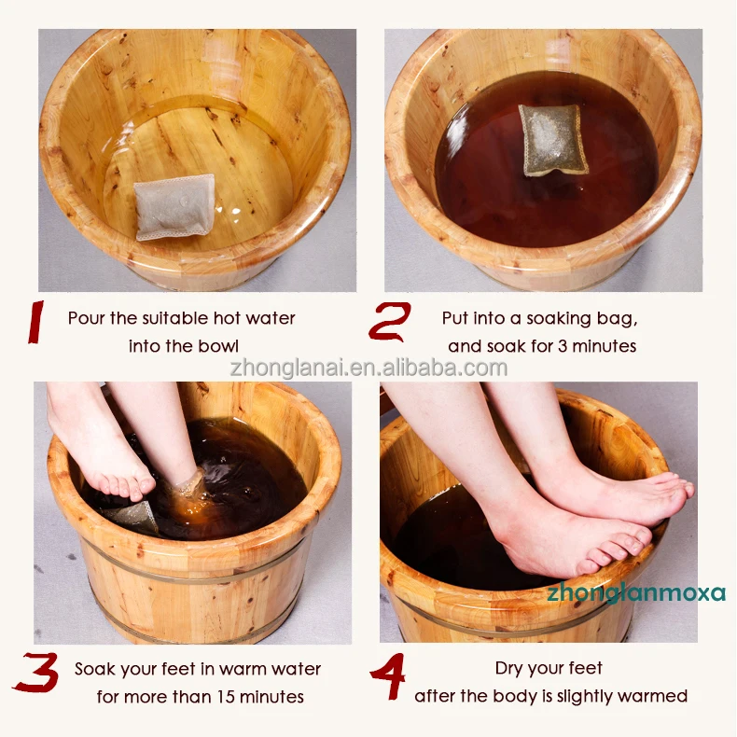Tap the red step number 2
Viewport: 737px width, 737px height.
point(389,322)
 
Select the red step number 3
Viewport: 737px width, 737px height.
point(36,674)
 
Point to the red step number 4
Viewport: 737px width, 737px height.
point(386,674)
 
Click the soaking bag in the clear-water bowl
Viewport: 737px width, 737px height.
point(174,206)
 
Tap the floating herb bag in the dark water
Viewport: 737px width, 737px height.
point(554,139)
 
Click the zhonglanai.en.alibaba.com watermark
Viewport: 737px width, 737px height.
point(368,368)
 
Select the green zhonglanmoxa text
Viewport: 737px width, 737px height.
point(635,592)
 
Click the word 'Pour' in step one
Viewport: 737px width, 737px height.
point(87,318)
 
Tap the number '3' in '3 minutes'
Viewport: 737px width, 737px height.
point(567,346)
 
